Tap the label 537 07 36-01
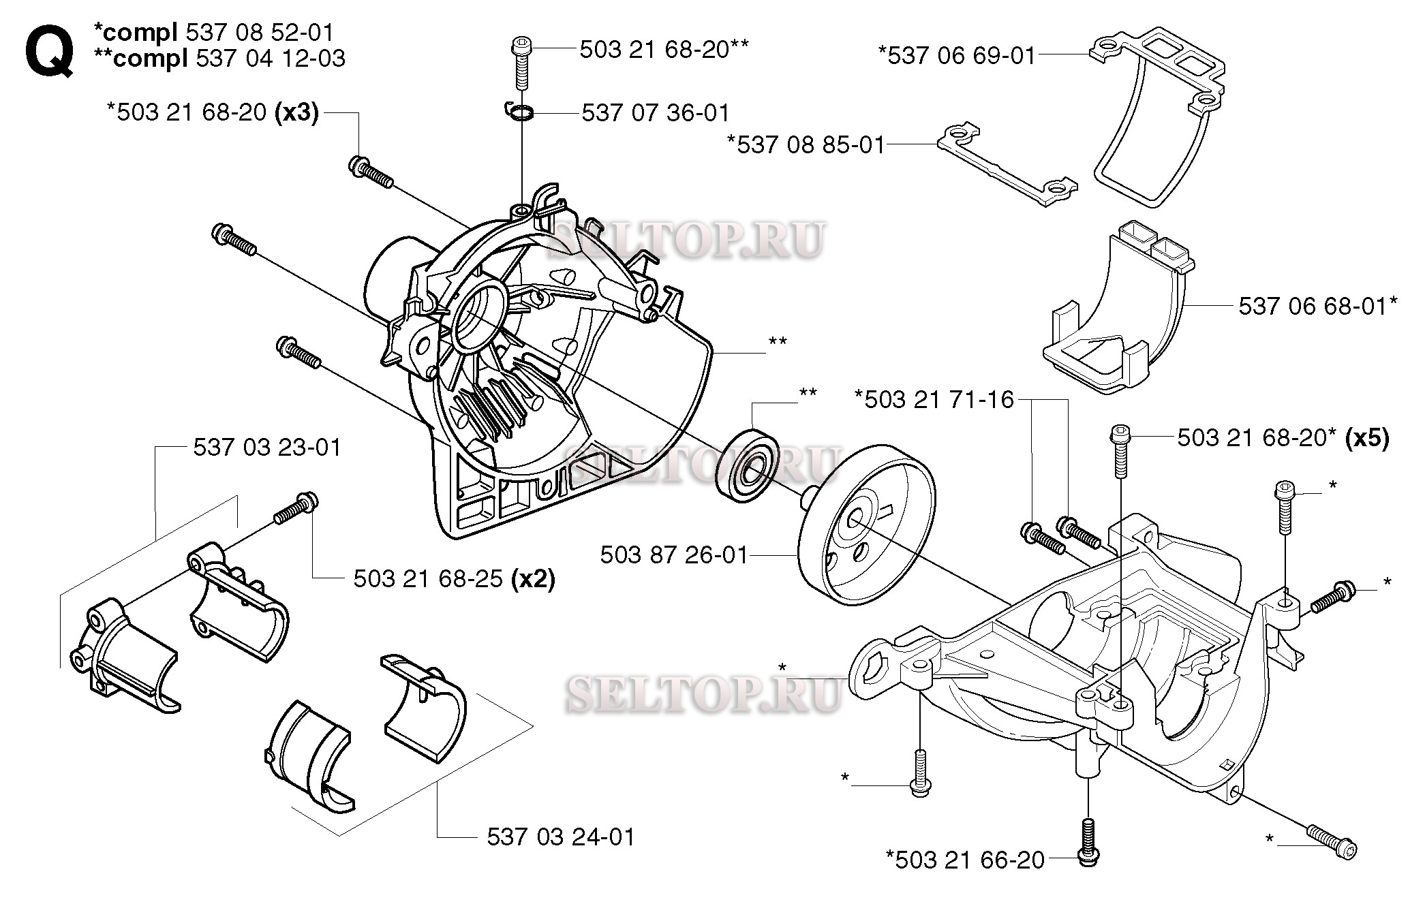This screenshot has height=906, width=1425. [655, 112]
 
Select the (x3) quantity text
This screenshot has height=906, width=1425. [296, 112]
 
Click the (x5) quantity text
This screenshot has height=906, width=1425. [1367, 437]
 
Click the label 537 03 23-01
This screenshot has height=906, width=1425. [266, 448]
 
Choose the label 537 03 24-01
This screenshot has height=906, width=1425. [560, 837]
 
